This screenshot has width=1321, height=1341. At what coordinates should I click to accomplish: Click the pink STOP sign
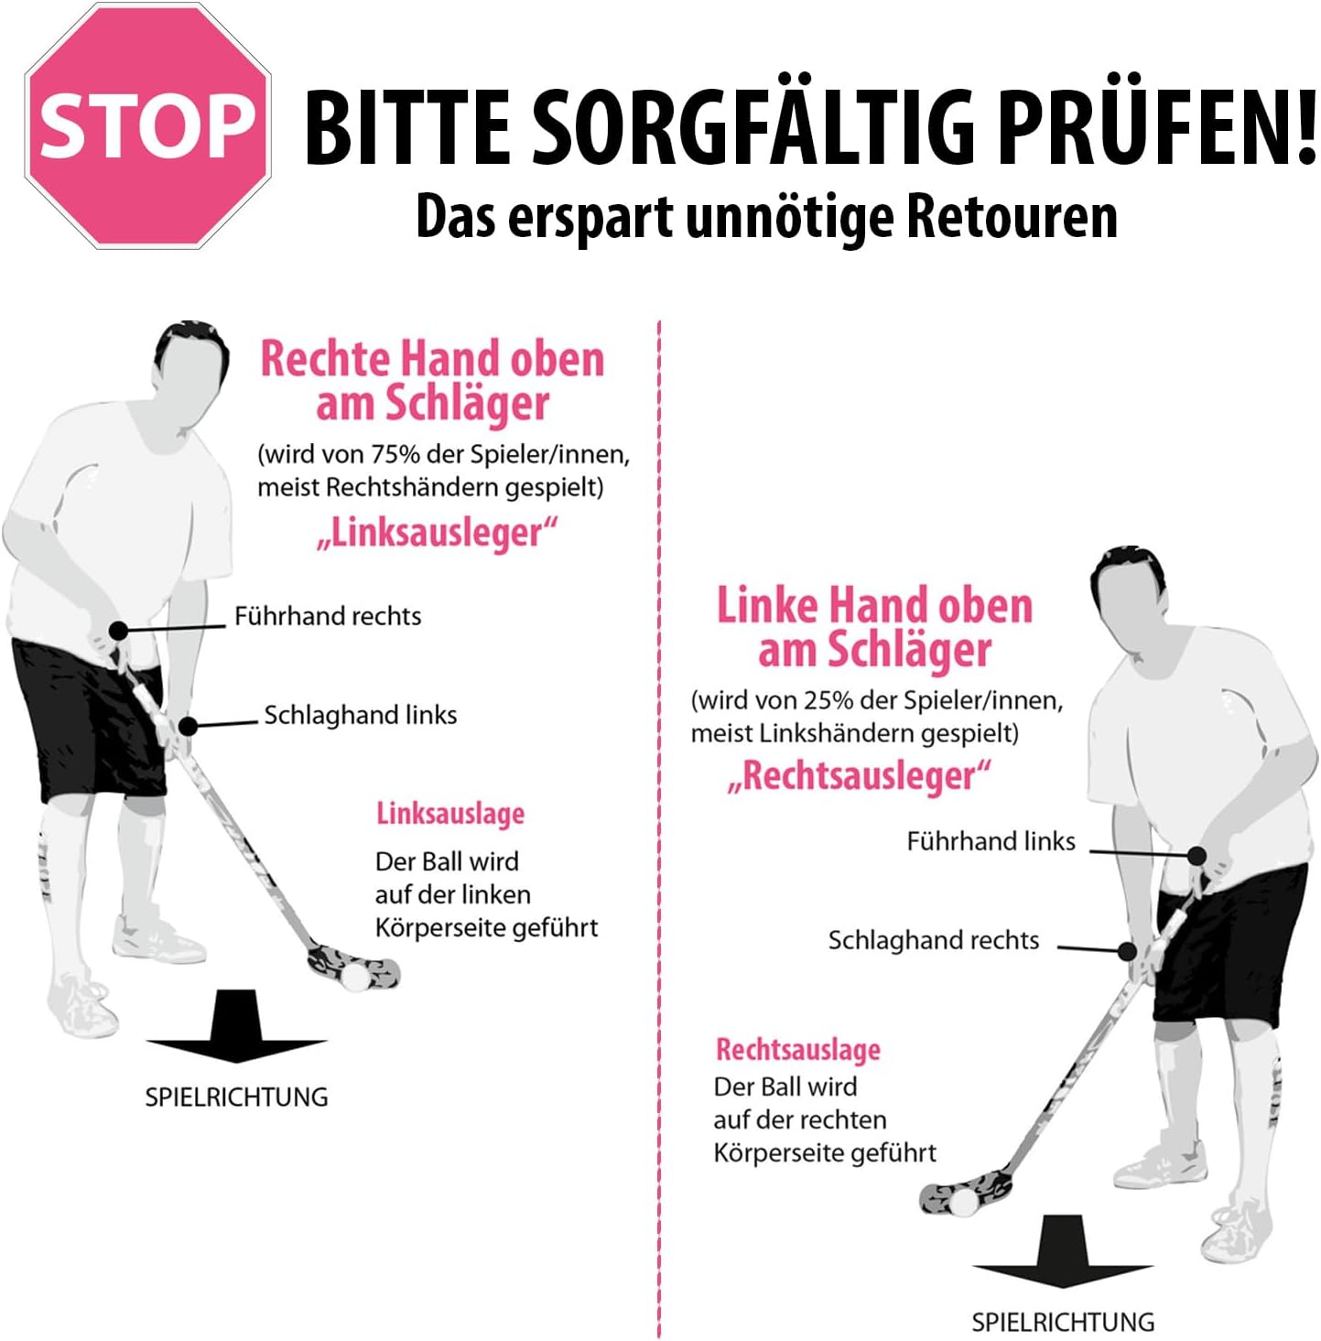(147, 126)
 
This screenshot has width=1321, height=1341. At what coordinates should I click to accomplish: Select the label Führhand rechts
(328, 616)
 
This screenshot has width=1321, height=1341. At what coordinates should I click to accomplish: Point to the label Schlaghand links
(361, 715)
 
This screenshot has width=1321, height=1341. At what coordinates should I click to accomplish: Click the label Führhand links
(991, 841)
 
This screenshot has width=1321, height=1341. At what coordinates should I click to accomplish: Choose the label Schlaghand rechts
(934, 940)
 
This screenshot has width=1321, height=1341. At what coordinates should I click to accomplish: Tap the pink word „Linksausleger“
(437, 534)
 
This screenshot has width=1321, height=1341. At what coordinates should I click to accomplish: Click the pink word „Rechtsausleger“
(859, 775)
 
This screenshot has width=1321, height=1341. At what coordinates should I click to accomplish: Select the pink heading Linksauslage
(450, 814)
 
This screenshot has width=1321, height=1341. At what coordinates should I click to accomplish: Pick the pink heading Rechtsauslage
(798, 1049)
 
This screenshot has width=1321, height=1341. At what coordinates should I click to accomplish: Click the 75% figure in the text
(395, 454)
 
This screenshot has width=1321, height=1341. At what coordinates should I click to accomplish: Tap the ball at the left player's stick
(358, 976)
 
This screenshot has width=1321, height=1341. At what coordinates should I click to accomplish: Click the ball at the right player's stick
(964, 1202)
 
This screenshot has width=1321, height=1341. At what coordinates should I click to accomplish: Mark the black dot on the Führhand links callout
(1196, 855)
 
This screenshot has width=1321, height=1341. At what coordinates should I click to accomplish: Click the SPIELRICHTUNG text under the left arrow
(236, 1097)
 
